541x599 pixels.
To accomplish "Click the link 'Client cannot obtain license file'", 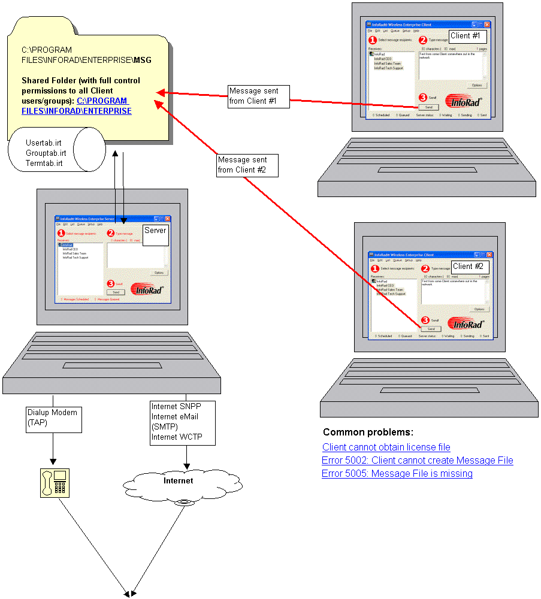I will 386,447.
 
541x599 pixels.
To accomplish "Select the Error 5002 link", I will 417,460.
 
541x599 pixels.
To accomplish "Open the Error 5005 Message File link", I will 397,473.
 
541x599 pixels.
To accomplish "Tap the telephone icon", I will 54,483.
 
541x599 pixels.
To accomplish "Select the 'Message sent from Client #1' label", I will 258,96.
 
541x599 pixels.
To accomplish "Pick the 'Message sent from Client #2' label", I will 247,165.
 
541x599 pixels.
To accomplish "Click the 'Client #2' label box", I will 470,266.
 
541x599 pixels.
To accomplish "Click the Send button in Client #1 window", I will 428,107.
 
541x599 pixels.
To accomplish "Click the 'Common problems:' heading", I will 367,432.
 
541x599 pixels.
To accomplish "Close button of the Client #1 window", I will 487,25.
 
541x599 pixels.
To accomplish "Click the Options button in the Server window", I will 159,273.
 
